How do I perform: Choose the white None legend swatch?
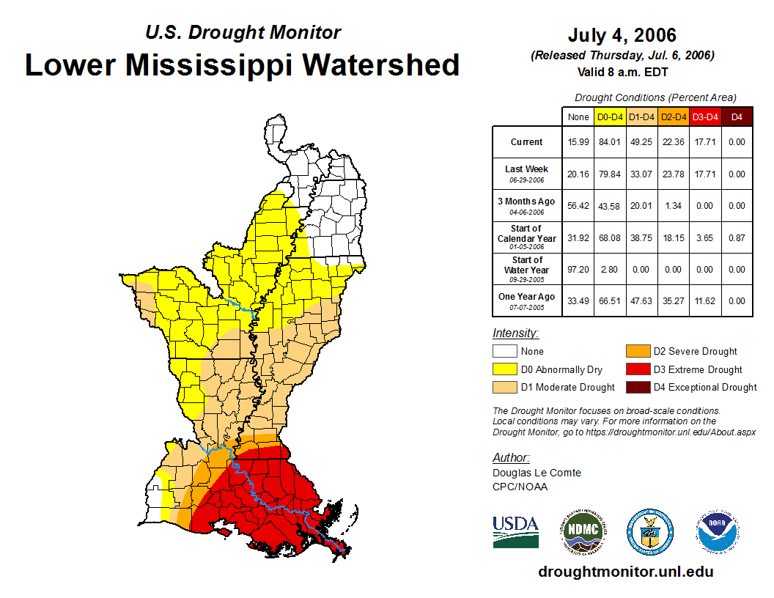(x=504, y=352)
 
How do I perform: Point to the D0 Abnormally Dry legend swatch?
(x=504, y=369)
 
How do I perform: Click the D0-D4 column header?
(x=610, y=117)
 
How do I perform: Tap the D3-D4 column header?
(x=705, y=117)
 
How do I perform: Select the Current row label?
(x=527, y=142)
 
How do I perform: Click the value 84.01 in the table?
(x=610, y=142)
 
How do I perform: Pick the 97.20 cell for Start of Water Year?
(x=578, y=270)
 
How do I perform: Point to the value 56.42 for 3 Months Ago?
(x=578, y=206)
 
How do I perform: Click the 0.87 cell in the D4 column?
(x=737, y=237)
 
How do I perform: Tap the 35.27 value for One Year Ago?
(x=674, y=301)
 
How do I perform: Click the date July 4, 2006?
(x=622, y=35)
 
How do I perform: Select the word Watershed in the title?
(x=381, y=64)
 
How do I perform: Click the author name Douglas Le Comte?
(x=537, y=473)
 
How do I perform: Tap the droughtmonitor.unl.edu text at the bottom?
(x=625, y=572)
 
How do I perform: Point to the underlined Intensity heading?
(x=515, y=333)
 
